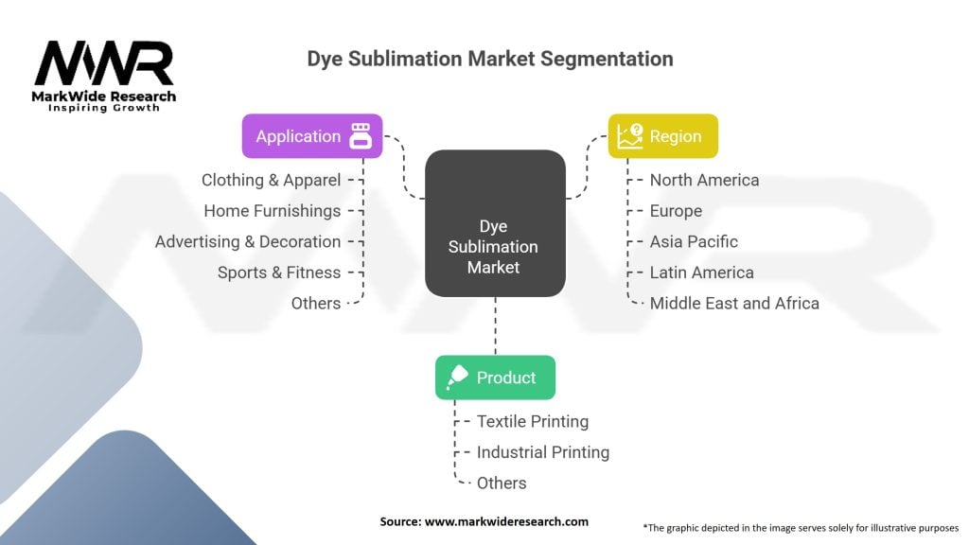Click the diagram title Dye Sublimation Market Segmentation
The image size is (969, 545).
coord(490,59)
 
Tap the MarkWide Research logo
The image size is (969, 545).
coord(104,76)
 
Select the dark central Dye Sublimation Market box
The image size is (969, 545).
coord(494,223)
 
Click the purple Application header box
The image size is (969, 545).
coord(312,136)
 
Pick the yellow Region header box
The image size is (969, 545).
coord(662,136)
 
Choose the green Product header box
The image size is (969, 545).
coord(495,378)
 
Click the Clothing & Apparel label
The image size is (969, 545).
coord(271,180)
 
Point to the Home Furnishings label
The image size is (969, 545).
coord(273,211)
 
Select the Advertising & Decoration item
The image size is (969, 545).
coord(248,241)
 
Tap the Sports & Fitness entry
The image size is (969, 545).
coord(279,272)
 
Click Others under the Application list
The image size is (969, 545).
coord(316,303)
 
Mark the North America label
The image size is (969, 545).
coord(704,180)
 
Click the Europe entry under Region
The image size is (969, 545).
coord(676,211)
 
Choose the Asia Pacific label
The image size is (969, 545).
coord(694,241)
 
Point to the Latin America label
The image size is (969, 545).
coord(701,272)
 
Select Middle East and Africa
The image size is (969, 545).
coord(734,303)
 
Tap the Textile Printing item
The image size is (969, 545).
coord(533,421)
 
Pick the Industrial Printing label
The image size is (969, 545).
coord(543,452)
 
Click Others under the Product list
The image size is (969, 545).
coord(502,483)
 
